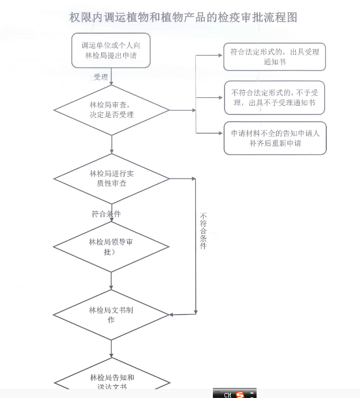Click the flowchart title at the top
183,18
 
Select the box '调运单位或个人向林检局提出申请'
111,50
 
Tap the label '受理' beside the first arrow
101,77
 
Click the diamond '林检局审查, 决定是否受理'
111,110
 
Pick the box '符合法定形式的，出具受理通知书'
274,57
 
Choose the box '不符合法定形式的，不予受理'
274,97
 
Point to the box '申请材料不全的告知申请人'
274,138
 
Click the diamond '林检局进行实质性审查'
111,179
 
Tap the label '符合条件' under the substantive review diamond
106,213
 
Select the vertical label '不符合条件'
204,231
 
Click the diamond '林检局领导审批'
111,247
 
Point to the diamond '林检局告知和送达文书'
111,382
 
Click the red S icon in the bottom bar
239,394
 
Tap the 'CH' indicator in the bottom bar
227,394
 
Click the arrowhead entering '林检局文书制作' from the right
172,315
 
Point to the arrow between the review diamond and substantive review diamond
111,144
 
